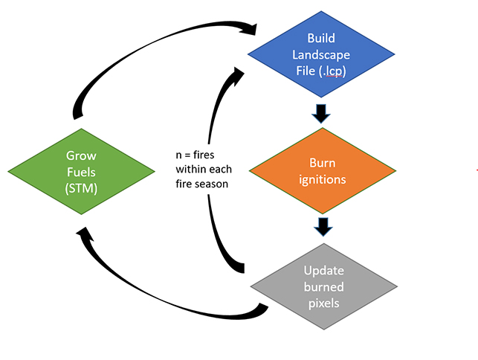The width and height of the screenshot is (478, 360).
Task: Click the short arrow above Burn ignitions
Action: (x=321, y=114)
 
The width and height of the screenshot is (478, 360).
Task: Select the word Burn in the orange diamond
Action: (x=321, y=163)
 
